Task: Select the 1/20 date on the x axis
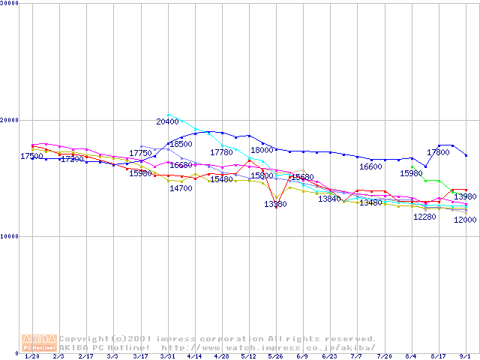(x=31, y=357)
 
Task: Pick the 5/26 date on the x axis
(x=275, y=357)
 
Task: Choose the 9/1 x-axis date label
(x=465, y=357)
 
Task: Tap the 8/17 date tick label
(x=439, y=357)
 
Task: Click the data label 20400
(x=167, y=121)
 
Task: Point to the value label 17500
(x=31, y=157)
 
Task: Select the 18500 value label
(x=181, y=144)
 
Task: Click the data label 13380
(x=275, y=204)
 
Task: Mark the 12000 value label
(x=465, y=220)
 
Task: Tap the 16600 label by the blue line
(x=370, y=167)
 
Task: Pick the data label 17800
(x=438, y=152)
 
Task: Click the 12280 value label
(x=424, y=217)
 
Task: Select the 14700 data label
(x=181, y=188)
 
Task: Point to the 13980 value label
(x=465, y=196)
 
